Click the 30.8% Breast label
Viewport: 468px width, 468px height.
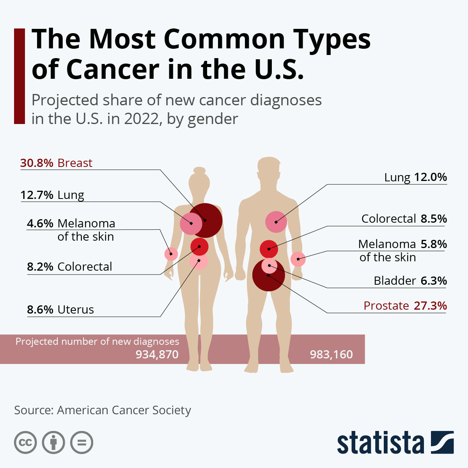tap(56, 163)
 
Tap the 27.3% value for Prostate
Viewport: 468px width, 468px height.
tap(430, 306)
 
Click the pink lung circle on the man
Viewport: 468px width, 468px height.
tap(276, 222)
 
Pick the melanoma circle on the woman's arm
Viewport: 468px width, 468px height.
tap(171, 254)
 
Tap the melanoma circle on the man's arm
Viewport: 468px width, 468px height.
tap(298, 259)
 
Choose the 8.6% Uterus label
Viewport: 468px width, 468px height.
tap(60, 310)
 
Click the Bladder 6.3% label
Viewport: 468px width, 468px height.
tap(410, 281)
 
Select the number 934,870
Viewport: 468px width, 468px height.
tap(157, 355)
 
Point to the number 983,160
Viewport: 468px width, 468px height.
tap(331, 355)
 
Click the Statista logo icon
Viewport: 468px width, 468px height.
tap(442, 442)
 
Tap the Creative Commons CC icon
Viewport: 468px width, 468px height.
tap(25, 443)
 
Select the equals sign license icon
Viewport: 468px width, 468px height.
tap(82, 443)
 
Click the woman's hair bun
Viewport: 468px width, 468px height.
tap(199, 170)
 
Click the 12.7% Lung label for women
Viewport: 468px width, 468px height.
tap(52, 195)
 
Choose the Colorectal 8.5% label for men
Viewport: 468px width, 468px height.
tap(404, 219)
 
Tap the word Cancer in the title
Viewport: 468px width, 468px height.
tap(113, 69)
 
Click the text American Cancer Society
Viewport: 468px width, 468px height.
tap(124, 410)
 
